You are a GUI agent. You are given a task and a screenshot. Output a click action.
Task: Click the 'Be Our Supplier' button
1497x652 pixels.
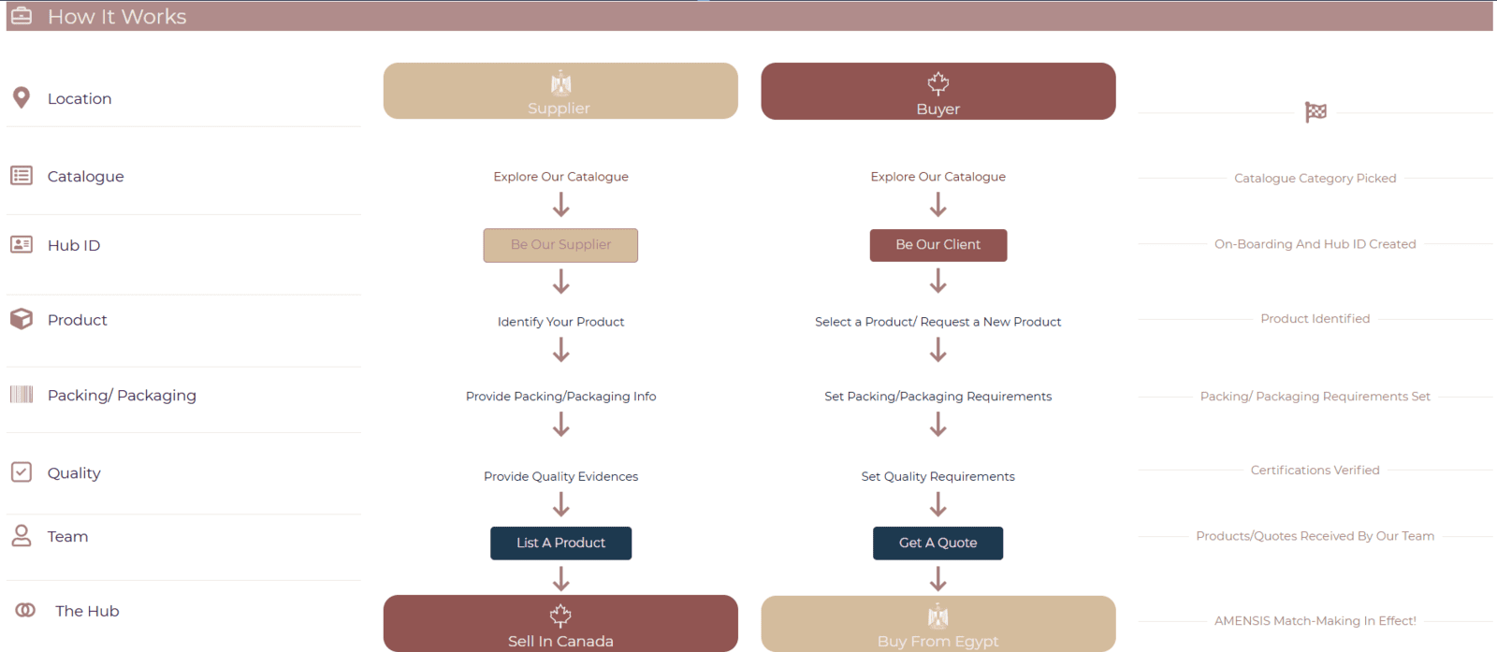tap(560, 245)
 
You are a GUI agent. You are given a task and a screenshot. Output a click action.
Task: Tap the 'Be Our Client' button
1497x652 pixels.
tap(938, 245)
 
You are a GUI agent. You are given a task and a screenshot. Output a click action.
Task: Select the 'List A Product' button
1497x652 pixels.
tap(560, 543)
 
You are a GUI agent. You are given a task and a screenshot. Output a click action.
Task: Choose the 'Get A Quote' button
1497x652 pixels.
tap(937, 543)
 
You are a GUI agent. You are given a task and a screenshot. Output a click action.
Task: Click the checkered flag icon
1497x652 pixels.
tap(1315, 112)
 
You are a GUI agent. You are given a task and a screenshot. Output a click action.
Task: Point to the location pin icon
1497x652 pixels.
tap(22, 97)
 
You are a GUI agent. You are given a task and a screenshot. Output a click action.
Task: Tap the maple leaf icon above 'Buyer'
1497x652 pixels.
tap(938, 83)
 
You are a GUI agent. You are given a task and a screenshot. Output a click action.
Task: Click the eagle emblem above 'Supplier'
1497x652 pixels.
tap(560, 83)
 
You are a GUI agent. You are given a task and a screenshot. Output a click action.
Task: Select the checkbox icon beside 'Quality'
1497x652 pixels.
tap(22, 472)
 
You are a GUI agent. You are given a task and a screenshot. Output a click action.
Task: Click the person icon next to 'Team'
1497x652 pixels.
tap(22, 536)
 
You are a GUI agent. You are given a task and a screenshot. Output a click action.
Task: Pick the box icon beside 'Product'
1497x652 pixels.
tap(22, 319)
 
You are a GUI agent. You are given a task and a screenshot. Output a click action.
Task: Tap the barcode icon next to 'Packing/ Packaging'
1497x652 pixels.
tap(22, 394)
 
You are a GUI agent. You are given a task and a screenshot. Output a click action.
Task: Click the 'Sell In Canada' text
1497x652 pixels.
tap(560, 642)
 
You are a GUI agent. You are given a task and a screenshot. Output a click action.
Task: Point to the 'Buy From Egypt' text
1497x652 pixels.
tap(937, 642)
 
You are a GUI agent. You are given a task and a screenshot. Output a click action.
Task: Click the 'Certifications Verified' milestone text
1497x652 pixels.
tap(1315, 471)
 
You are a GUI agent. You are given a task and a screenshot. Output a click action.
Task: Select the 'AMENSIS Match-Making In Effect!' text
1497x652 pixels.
tap(1315, 620)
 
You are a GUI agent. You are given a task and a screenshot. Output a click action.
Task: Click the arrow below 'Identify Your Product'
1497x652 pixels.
tap(561, 349)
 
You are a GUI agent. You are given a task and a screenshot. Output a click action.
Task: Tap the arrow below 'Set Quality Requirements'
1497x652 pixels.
tap(938, 504)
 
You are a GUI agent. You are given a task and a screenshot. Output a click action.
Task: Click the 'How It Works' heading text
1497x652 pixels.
tap(117, 17)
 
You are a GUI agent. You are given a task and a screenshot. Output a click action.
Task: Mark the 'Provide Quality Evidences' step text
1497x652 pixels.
tap(560, 476)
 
